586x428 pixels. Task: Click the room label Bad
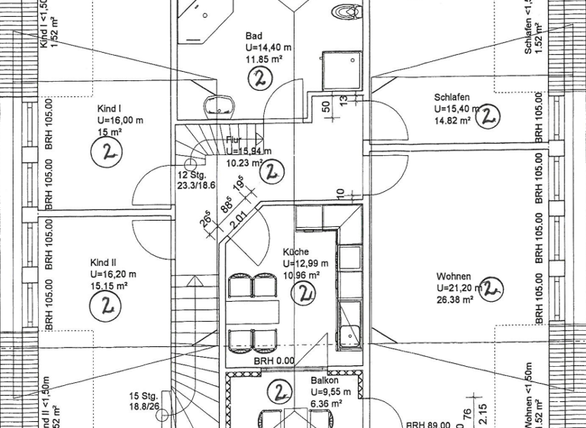click(253, 36)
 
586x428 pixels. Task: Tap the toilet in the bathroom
click(347, 11)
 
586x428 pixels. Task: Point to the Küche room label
click(295, 252)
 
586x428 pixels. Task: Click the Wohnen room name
click(453, 276)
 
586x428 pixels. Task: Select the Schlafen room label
click(451, 98)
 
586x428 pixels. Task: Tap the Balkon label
click(324, 380)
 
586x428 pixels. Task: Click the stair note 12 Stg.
click(191, 175)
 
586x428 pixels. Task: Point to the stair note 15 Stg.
click(143, 396)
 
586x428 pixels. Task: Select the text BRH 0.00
click(274, 361)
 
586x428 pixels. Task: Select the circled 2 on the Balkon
click(281, 393)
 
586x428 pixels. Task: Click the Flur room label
click(234, 140)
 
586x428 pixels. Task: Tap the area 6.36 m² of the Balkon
click(326, 403)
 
